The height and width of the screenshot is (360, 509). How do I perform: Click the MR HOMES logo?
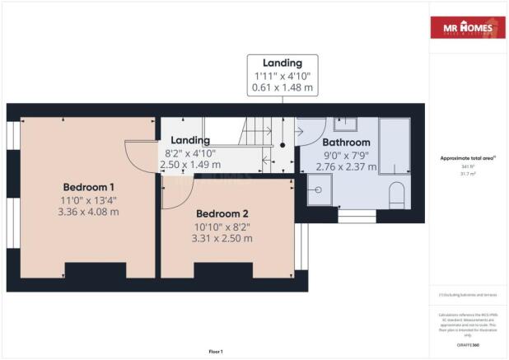467,28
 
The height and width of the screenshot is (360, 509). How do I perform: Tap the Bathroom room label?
335,142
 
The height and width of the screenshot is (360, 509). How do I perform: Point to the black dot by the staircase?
283,144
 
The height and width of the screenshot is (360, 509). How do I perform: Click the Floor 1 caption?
216,351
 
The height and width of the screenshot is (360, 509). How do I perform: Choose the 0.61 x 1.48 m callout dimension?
283,88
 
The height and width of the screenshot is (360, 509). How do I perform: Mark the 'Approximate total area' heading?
466,158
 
